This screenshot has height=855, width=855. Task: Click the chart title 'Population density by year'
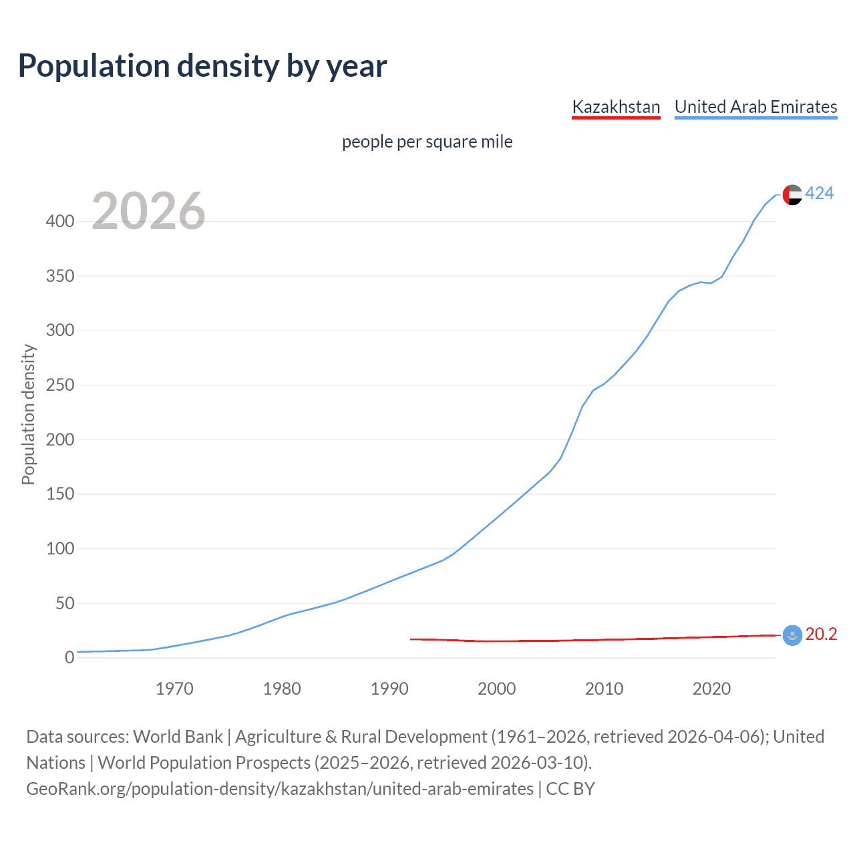pos(202,66)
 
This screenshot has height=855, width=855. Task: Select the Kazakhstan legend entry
pos(616,107)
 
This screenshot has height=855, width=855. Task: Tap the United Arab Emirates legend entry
pos(755,107)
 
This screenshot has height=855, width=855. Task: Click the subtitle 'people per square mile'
pos(427,142)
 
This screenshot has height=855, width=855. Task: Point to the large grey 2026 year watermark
pos(148,211)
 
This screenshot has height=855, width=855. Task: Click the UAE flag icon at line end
pos(792,194)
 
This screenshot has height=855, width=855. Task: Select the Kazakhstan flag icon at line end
pos(792,635)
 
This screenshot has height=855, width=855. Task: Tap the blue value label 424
pos(820,194)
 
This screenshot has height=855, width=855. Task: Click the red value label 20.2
pos(821,635)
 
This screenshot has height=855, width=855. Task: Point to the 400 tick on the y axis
pos(60,222)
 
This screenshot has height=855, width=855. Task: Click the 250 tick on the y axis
pos(60,385)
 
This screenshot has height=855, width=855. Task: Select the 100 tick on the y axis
pos(60,549)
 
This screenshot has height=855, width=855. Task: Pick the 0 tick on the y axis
pos(69,658)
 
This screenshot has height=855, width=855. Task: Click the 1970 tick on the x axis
pos(174,689)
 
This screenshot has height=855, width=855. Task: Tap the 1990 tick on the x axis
pos(389,689)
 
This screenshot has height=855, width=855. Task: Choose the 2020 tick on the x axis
pos(711,689)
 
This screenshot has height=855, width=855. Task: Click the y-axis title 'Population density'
pos(28,414)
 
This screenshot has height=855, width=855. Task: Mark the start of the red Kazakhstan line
pos(411,639)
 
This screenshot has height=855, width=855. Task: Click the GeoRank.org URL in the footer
pos(280,789)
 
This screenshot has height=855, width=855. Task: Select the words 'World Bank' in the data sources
pos(178,737)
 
